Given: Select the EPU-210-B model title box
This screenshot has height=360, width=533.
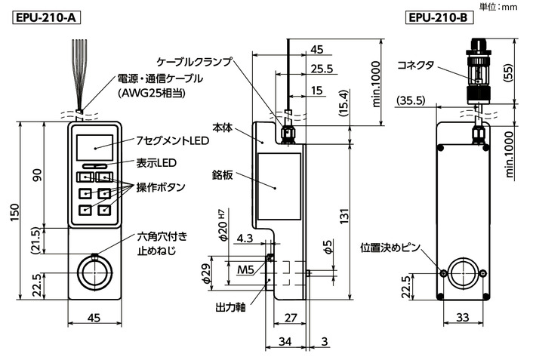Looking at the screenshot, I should (x=437, y=16).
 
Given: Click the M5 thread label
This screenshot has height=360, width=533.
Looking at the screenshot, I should (x=245, y=270).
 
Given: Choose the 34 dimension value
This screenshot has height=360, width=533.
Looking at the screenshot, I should (x=284, y=341).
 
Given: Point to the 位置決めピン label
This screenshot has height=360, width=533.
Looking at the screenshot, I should (x=393, y=248).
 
